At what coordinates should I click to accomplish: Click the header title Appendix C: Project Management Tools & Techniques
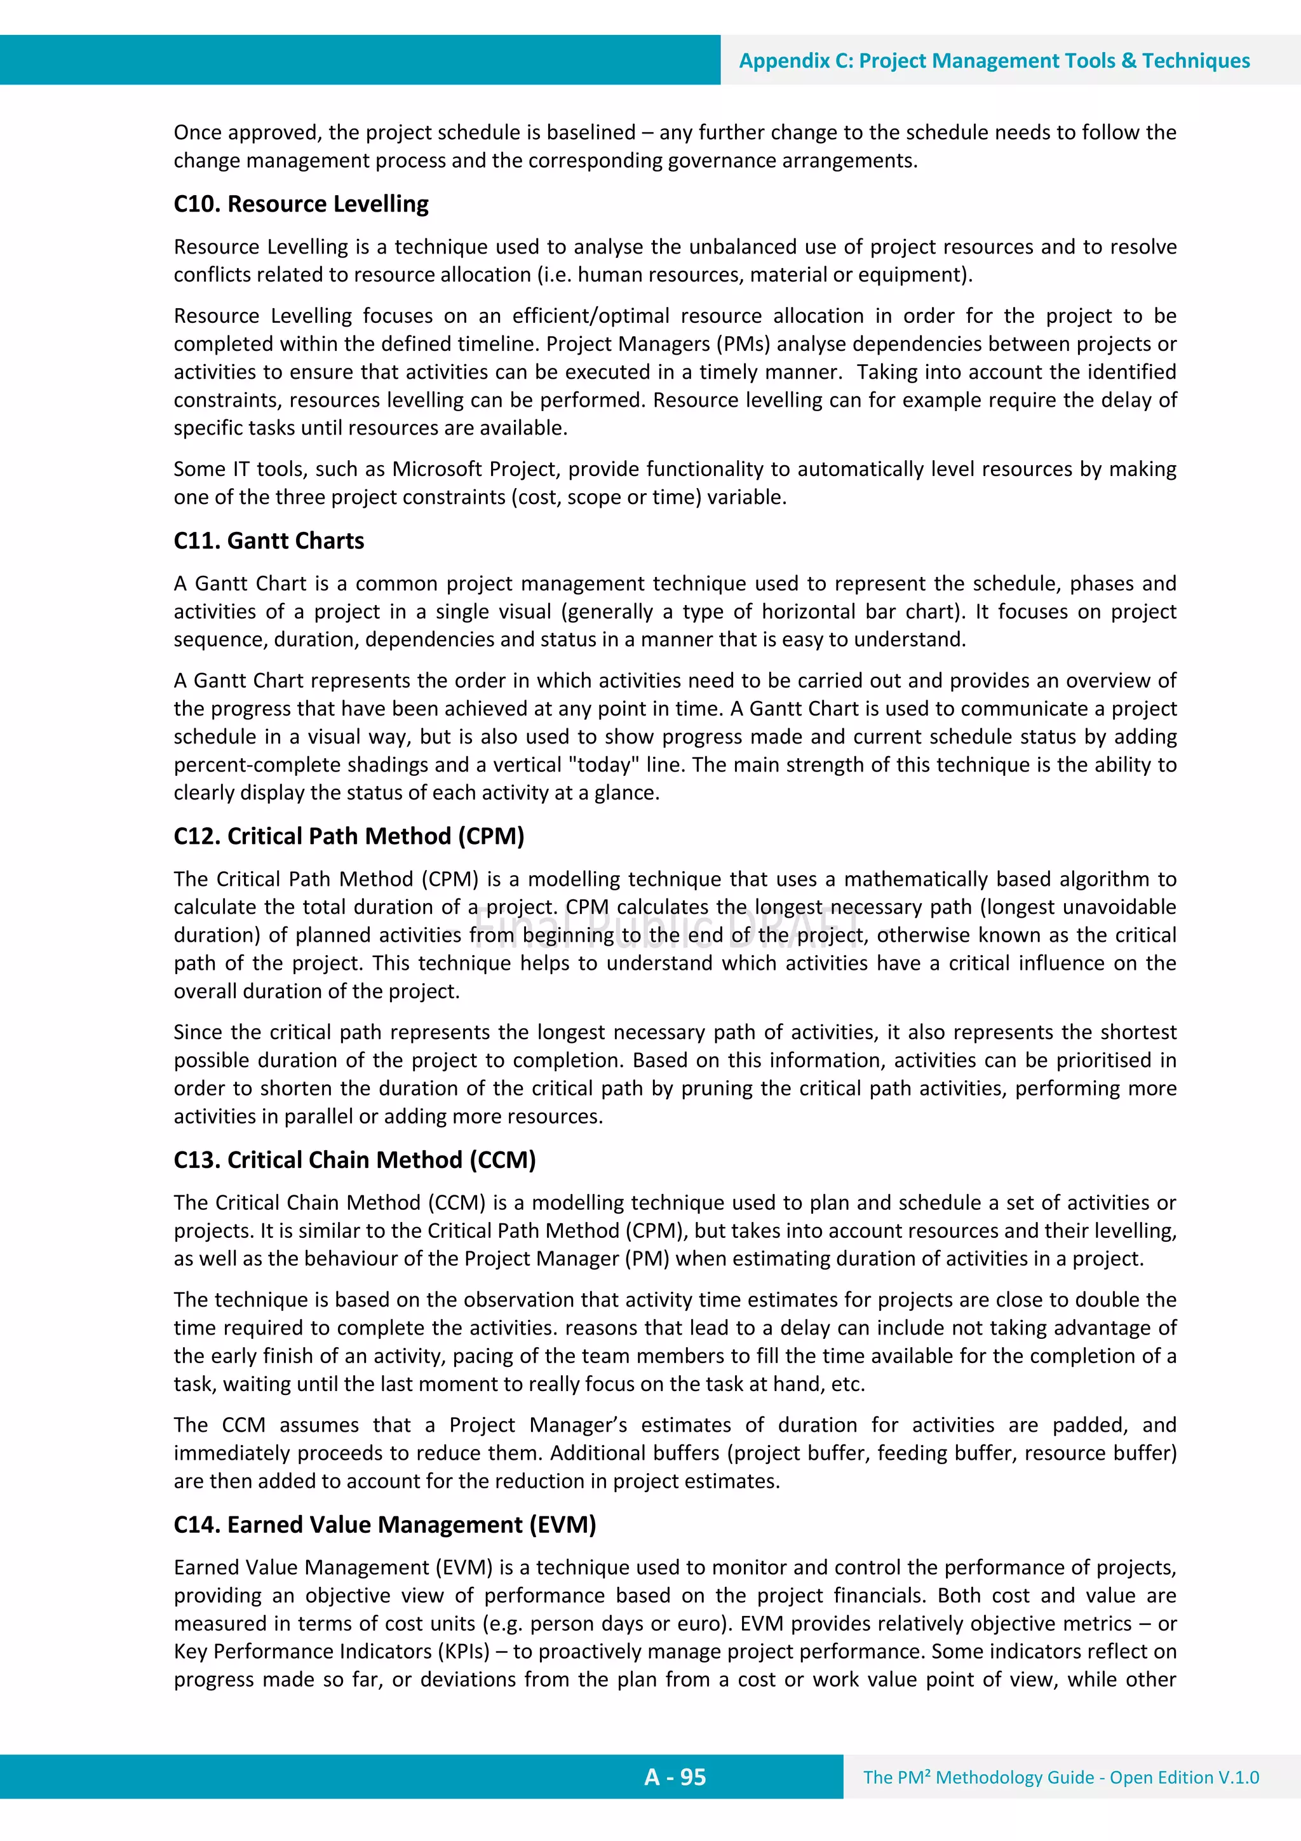coord(994,61)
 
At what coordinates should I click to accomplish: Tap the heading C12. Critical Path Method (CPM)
coord(349,836)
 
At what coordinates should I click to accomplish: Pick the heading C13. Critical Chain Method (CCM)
coord(354,1160)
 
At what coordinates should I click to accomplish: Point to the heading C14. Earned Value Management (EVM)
coord(385,1525)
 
